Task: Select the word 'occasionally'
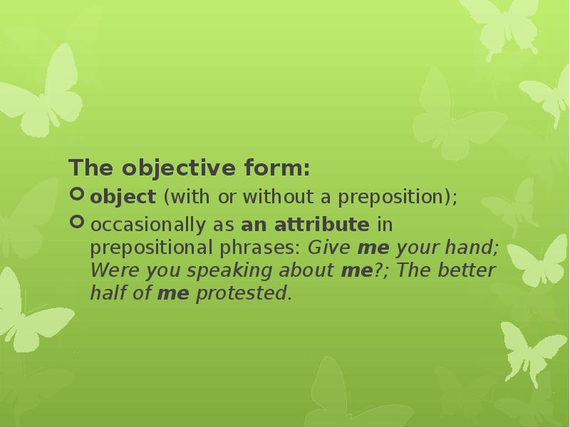[147, 225]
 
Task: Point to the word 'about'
[304, 271]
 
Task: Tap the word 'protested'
[242, 294]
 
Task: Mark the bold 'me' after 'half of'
[172, 294]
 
